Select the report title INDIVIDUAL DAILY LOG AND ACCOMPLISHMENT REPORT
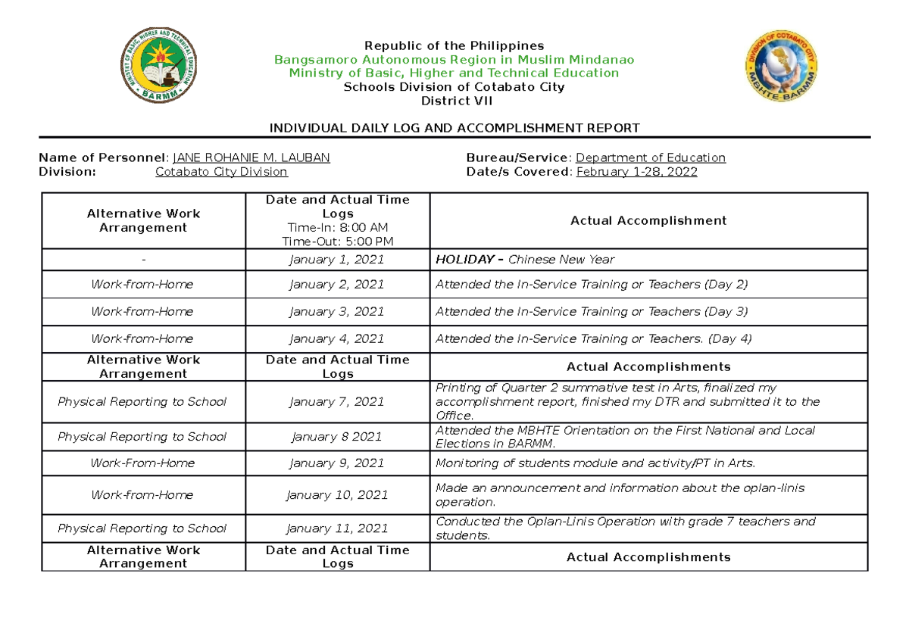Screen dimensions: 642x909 click(x=454, y=128)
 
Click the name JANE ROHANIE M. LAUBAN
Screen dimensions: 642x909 click(x=251, y=157)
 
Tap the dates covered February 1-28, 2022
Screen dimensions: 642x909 click(x=636, y=172)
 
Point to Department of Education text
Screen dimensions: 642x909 click(x=651, y=157)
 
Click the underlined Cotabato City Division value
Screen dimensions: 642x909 click(x=221, y=172)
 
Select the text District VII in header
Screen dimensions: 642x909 click(x=454, y=101)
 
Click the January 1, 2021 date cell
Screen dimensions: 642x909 click(x=337, y=260)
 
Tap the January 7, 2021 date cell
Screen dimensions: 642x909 click(x=337, y=402)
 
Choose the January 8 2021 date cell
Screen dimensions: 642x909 click(x=337, y=437)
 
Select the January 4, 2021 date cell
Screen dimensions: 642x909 click(x=337, y=338)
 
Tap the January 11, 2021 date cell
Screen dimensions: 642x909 click(x=337, y=528)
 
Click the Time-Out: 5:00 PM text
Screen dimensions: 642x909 click(x=337, y=242)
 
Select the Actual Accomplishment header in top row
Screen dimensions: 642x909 click(x=648, y=220)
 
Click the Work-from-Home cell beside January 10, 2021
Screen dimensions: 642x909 click(x=142, y=495)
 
